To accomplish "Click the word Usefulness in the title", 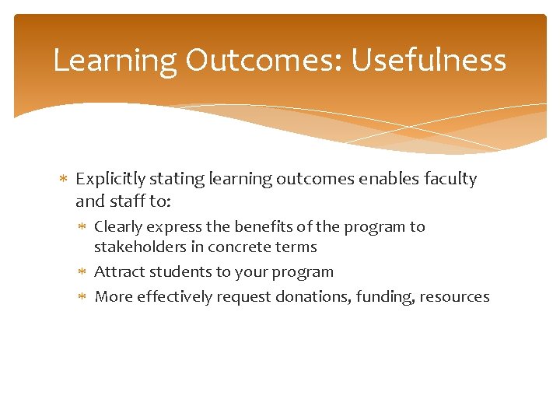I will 429,61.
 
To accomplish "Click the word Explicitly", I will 111,179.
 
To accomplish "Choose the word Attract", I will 117,272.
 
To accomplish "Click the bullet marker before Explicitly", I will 64,180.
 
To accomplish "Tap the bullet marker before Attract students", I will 83,272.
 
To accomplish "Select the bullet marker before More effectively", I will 83,297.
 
